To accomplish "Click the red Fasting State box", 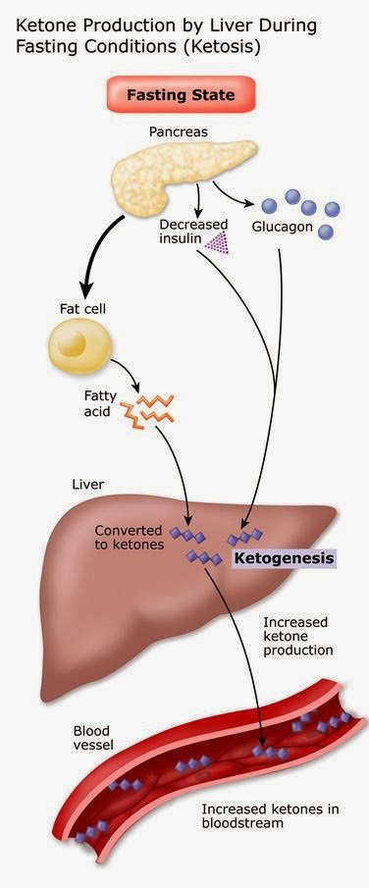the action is (181, 94).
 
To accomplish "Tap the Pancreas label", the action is (179, 131).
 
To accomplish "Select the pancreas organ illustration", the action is (183, 179).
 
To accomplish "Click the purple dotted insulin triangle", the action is (217, 242).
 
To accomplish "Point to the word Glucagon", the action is (283, 227).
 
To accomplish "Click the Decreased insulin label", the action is (192, 232).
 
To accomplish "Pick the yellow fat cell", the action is (79, 344).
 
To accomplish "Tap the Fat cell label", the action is (82, 309).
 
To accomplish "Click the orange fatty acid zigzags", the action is (147, 409).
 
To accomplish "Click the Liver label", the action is (88, 485).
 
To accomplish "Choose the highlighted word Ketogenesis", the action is (284, 558).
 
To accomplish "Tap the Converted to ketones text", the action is (129, 538).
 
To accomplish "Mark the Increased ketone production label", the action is (298, 636).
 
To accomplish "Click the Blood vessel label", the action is (93, 737).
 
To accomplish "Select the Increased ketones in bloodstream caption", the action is (271, 816).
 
